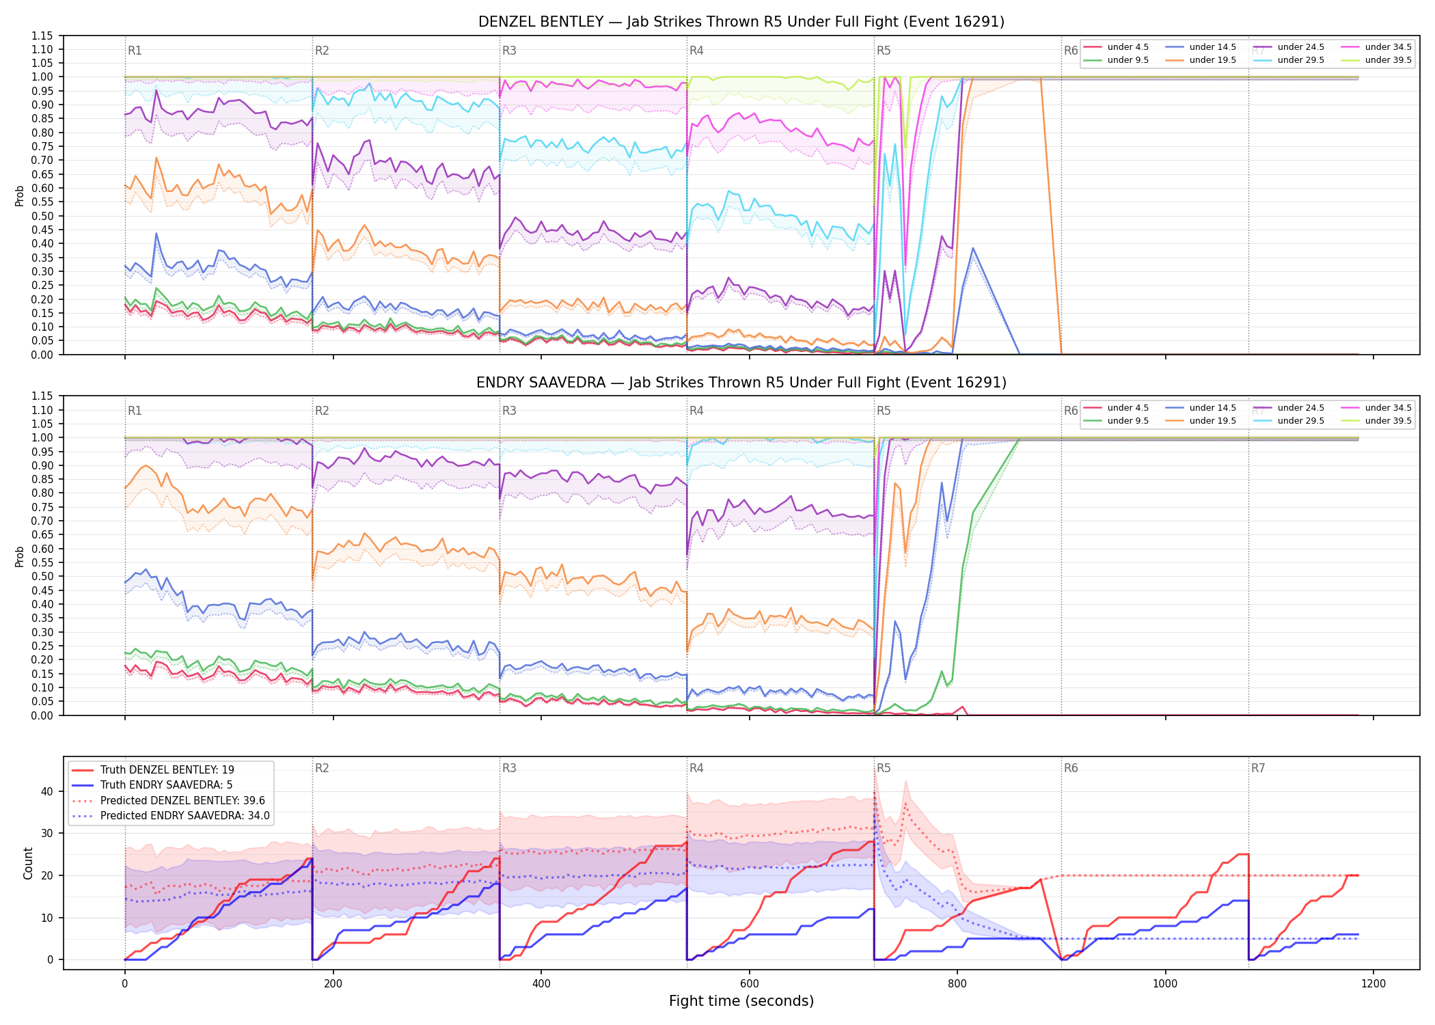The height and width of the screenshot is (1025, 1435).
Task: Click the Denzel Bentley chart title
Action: (x=741, y=22)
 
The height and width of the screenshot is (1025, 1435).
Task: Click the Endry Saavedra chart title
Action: (x=741, y=383)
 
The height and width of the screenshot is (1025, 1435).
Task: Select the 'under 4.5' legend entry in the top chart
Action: (x=1117, y=47)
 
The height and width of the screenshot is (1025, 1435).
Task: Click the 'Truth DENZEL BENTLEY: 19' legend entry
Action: (x=154, y=770)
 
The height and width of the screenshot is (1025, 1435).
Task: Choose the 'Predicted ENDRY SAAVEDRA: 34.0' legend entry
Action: (x=171, y=816)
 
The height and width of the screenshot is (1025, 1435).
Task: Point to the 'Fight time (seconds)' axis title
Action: (x=741, y=1001)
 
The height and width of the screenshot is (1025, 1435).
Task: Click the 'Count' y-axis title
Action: (x=28, y=863)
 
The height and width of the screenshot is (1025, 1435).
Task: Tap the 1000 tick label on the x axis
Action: (x=1165, y=984)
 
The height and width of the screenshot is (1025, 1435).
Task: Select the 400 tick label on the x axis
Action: (x=541, y=984)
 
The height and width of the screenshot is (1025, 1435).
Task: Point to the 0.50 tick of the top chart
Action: (x=43, y=216)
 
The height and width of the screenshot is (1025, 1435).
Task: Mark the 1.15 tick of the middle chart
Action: (x=43, y=396)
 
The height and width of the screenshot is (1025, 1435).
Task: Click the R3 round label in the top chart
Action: (x=509, y=51)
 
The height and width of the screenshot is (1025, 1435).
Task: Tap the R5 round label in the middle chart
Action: (x=884, y=411)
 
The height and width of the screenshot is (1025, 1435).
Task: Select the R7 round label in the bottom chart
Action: (x=1258, y=768)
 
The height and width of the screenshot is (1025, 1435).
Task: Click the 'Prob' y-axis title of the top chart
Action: (x=20, y=196)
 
